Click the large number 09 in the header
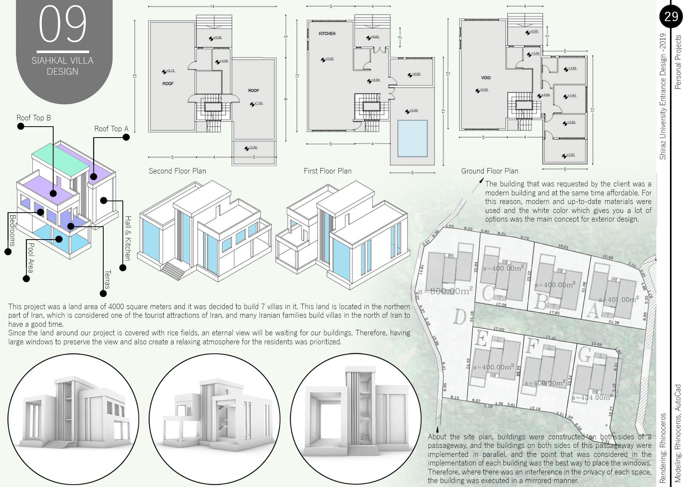63,24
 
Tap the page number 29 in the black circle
671,16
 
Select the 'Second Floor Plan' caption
177,171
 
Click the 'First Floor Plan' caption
327,171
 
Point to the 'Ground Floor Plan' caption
489,171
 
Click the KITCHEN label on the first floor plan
327,34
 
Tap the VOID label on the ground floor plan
486,78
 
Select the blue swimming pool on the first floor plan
412,138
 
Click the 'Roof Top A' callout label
111,129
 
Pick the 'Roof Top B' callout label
34,118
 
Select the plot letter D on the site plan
460,317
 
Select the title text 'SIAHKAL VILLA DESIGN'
63,66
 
